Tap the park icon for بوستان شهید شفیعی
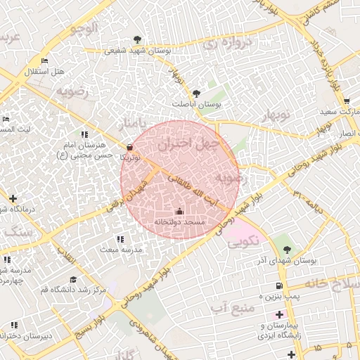pos(136,39)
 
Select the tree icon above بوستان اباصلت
pos(196,93)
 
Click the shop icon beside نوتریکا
pos(129,147)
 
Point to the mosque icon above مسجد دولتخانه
pos(179,211)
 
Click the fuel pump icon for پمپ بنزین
pos(280,285)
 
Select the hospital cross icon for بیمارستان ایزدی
pos(280,314)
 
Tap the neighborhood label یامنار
pos(134,124)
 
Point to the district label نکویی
pos(244,240)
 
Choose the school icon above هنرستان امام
pos(84,134)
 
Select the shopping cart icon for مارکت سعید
pos(347,101)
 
